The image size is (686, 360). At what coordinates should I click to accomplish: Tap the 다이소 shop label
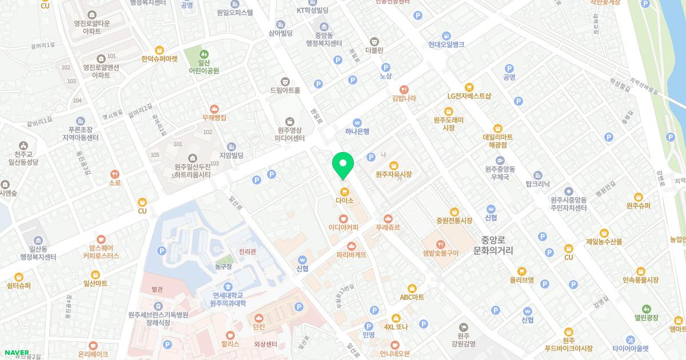pyautogui.click(x=344, y=201)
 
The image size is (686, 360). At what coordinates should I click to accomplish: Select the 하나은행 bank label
pyautogui.click(x=357, y=131)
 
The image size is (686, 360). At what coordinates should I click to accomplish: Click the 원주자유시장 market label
pyautogui.click(x=394, y=174)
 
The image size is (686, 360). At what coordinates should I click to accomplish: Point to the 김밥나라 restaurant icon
pyautogui.click(x=404, y=89)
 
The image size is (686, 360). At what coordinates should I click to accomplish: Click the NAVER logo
pyautogui.click(x=17, y=353)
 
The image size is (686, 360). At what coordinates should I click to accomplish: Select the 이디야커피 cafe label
pyautogui.click(x=343, y=227)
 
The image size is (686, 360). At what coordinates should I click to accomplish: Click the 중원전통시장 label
pyautogui.click(x=454, y=221)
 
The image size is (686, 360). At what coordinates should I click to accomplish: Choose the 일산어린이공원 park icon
pyautogui.click(x=204, y=54)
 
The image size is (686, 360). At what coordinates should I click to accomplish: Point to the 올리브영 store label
pyautogui.click(x=521, y=280)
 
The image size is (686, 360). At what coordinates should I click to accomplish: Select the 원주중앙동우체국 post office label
pyautogui.click(x=500, y=173)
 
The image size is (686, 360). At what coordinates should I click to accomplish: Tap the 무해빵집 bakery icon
pyautogui.click(x=214, y=109)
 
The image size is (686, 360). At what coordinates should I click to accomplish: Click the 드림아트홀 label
pyautogui.click(x=285, y=90)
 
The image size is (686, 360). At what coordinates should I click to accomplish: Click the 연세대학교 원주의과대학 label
pyautogui.click(x=228, y=299)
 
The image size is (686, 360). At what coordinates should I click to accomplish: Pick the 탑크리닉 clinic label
pyautogui.click(x=537, y=184)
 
